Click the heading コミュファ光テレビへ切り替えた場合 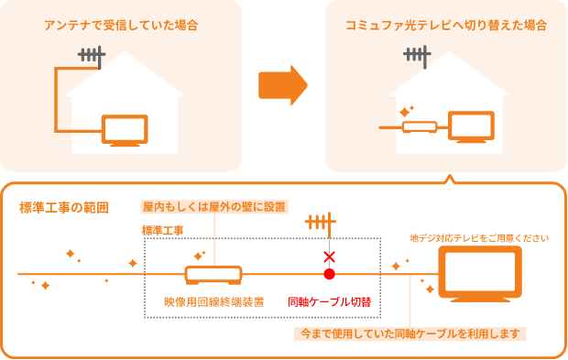(446, 25)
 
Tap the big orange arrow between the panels (282, 86)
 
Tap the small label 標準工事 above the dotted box (163, 230)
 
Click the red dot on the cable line (329, 274)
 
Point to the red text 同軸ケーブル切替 (329, 300)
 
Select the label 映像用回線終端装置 (208, 300)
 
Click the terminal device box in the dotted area (213, 274)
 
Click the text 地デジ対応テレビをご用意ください (479, 238)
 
